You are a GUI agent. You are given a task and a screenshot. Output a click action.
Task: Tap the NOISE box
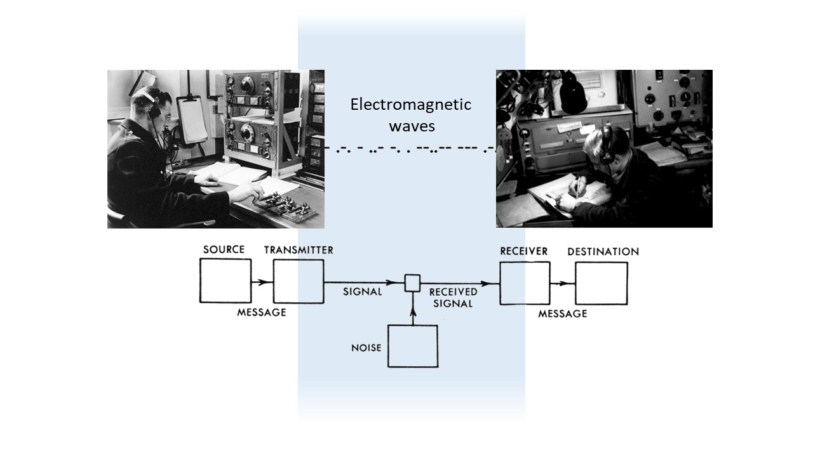[x=413, y=346]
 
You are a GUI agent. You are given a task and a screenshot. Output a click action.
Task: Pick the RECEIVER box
[x=524, y=282]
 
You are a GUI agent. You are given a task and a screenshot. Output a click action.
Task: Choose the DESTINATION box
[x=601, y=283]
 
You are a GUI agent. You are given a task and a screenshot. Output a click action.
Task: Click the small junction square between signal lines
[x=413, y=283]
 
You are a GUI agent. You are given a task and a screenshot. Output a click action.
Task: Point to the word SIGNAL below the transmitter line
[x=362, y=292]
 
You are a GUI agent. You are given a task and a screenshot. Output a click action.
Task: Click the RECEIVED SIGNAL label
[x=453, y=298]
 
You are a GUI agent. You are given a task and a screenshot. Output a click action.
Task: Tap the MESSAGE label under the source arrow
[x=261, y=312]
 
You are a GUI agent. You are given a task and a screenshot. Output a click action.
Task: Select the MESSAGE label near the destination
[x=562, y=314]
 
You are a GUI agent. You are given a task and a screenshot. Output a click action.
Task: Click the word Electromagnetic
[x=411, y=105]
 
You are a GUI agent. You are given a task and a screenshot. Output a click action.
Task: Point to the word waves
[x=411, y=126]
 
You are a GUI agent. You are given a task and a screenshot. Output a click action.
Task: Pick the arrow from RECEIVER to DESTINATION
[x=563, y=283]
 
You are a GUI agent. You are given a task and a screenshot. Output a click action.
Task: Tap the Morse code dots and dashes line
[x=410, y=150]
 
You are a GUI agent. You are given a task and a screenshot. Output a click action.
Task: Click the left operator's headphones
[x=153, y=105]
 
